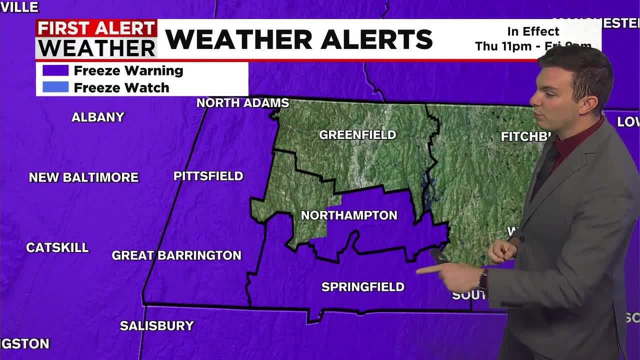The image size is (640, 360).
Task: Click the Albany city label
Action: [97, 117]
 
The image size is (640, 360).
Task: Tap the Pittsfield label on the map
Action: [208, 176]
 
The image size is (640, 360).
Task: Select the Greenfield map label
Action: [357, 134]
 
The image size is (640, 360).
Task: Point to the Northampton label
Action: [349, 215]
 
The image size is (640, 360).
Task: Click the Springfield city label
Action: [362, 287]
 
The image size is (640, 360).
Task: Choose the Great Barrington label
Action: [176, 255]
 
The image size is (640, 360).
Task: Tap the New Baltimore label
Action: [83, 177]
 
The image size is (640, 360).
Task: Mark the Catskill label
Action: [57, 247]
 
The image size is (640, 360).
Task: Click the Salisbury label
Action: [156, 326]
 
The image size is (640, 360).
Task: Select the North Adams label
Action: [242, 103]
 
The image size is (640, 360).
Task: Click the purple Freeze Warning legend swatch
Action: [55, 70]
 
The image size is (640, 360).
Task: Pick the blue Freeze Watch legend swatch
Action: [55, 87]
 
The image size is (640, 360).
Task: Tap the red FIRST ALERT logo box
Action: [96, 28]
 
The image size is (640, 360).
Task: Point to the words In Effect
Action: [533, 31]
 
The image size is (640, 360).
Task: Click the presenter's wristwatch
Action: [483, 279]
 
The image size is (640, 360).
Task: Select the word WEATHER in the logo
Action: [97, 48]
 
